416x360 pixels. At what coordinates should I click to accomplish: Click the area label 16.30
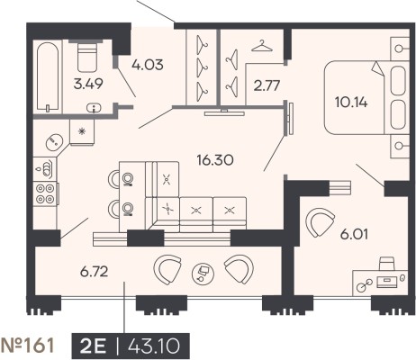click(215, 160)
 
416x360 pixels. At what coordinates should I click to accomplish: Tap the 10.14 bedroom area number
click(351, 103)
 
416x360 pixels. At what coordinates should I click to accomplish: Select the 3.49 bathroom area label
click(88, 84)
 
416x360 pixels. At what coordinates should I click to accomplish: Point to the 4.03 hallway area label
click(148, 65)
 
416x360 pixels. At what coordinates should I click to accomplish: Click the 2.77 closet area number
click(267, 85)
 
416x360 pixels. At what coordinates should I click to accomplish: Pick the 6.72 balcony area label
click(94, 272)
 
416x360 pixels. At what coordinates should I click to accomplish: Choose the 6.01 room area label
click(354, 234)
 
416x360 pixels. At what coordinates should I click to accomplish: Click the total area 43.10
click(154, 346)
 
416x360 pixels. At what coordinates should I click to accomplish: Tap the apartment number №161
click(28, 346)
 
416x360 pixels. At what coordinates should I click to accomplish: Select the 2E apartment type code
click(93, 346)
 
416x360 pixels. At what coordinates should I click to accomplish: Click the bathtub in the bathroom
click(48, 76)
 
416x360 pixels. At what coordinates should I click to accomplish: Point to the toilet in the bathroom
click(87, 57)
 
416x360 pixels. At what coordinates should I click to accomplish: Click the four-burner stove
click(45, 193)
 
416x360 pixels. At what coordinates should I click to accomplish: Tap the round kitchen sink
click(54, 142)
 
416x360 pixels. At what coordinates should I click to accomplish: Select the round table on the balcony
click(203, 274)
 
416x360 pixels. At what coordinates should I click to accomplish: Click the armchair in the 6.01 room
click(320, 222)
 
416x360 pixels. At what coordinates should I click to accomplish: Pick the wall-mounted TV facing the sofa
click(224, 113)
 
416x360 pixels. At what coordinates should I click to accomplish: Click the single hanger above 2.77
click(262, 46)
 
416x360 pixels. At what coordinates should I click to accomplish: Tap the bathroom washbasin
click(94, 108)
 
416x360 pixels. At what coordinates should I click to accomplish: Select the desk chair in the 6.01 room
click(387, 264)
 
